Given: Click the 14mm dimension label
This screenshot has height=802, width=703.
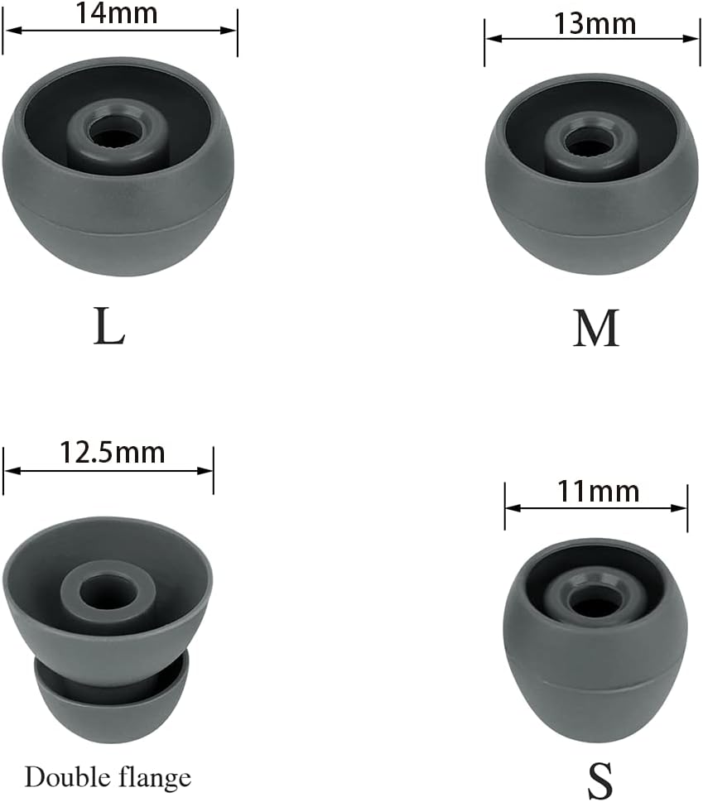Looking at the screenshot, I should click(116, 12).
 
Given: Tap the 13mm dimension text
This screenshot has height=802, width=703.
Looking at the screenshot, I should click(595, 24).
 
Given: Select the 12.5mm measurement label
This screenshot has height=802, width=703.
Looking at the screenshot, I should click(112, 452).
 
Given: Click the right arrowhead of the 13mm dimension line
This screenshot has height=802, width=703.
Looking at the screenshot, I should click(695, 38).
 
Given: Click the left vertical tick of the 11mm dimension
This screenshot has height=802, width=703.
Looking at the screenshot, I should click(504, 507).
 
